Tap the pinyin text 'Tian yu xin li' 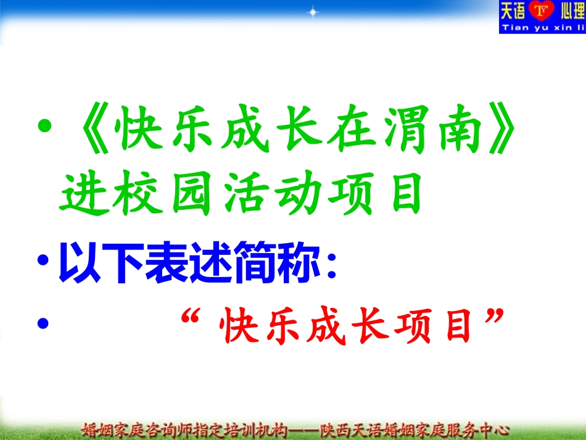542,28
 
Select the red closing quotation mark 492,321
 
